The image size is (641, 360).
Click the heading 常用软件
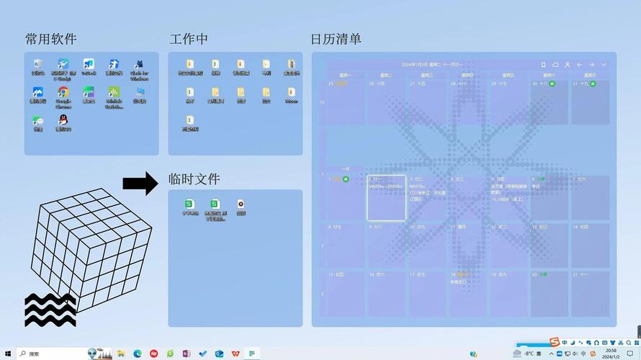pyautogui.click(x=50, y=39)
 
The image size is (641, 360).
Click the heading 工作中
pyautogui.click(x=189, y=39)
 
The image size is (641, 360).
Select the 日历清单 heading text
pyautogui.click(x=336, y=39)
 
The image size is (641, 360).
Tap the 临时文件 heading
pyautogui.click(x=194, y=179)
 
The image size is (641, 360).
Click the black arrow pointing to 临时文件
pyautogui.click(x=140, y=183)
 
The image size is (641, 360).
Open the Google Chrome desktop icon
pyautogui.click(x=63, y=94)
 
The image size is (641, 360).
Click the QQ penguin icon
pyautogui.click(x=63, y=120)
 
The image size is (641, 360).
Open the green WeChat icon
pyautogui.click(x=37, y=122)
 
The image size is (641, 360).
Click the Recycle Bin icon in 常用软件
pyautogui.click(x=37, y=66)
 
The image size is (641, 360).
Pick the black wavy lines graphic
pyautogui.click(x=50, y=310)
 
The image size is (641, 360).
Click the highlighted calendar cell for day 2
pyautogui.click(x=387, y=197)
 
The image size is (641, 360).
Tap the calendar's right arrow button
pyautogui.click(x=591, y=65)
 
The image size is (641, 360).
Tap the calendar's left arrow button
pyautogui.click(x=579, y=65)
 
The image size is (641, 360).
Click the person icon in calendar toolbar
pyautogui.click(x=567, y=65)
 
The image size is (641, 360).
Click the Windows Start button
pyautogui.click(x=6, y=354)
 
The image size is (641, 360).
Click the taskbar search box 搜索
pyautogui.click(x=50, y=354)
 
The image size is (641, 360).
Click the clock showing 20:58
pyautogui.click(x=611, y=354)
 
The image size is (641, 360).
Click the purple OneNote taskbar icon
pyautogui.click(x=186, y=354)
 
